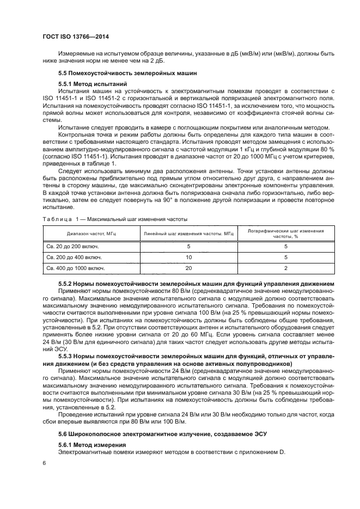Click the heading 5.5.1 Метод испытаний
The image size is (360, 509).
click(93, 84)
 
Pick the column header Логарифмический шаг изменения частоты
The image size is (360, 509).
click(285, 233)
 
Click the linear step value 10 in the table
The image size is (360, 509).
click(188, 257)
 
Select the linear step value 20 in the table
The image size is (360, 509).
click(188, 268)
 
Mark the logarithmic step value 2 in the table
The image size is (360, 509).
click(285, 268)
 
